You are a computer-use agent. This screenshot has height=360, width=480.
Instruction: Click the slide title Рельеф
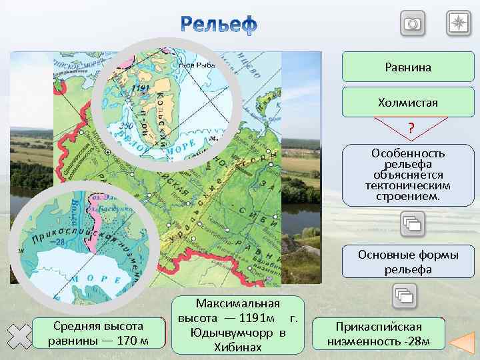[218, 25]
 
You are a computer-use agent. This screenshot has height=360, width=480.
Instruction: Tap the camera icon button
[413, 24]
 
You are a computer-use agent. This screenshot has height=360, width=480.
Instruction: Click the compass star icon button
[459, 24]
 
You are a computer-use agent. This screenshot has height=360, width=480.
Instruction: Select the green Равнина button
[408, 67]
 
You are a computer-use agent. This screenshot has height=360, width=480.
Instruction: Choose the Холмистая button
[408, 103]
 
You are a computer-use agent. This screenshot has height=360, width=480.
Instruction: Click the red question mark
[411, 128]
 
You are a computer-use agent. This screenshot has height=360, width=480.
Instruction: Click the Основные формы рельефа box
[408, 262]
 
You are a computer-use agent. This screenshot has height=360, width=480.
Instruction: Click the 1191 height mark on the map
[141, 87]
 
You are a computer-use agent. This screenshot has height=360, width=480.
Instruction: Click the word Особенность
[408, 153]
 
